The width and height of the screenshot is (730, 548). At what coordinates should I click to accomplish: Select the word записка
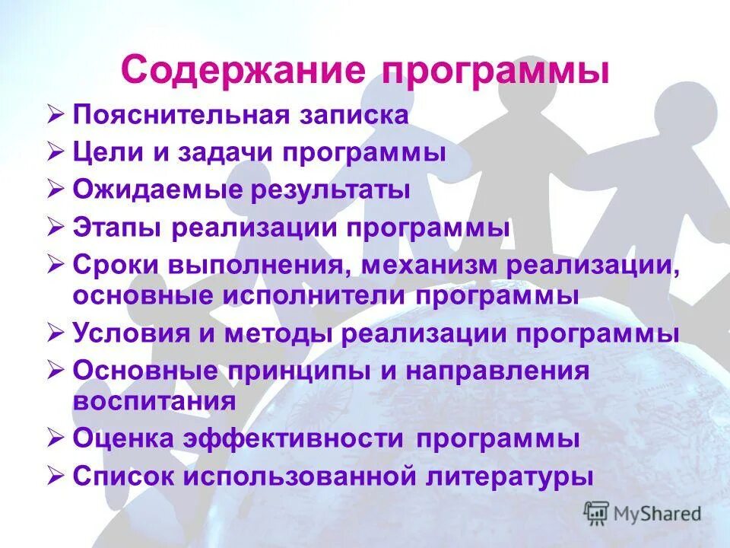(355, 116)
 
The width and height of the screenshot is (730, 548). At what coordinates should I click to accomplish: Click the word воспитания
(154, 400)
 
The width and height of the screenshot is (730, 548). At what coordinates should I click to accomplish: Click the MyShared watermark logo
(643, 512)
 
